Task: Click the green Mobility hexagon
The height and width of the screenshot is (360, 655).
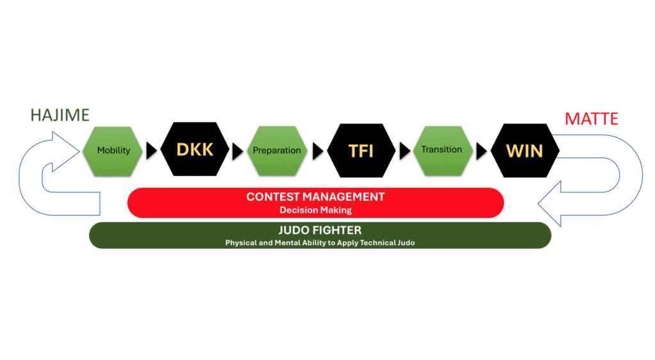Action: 113,150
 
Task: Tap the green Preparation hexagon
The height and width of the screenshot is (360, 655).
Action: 276,150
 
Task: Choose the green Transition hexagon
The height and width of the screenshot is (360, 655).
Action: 441,150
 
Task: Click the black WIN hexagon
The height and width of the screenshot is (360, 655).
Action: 525,150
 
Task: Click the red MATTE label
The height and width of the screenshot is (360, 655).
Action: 592,119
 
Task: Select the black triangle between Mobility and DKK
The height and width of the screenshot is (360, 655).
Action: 152,150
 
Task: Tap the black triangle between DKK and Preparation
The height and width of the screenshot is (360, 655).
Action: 238,150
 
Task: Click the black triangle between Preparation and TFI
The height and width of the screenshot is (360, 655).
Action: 318,150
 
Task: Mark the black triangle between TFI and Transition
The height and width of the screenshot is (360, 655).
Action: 405,150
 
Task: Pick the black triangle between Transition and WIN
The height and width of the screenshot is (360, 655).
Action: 484,150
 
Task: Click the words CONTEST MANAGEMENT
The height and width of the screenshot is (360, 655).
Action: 315,197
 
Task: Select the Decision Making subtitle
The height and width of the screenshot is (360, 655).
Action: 315,210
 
